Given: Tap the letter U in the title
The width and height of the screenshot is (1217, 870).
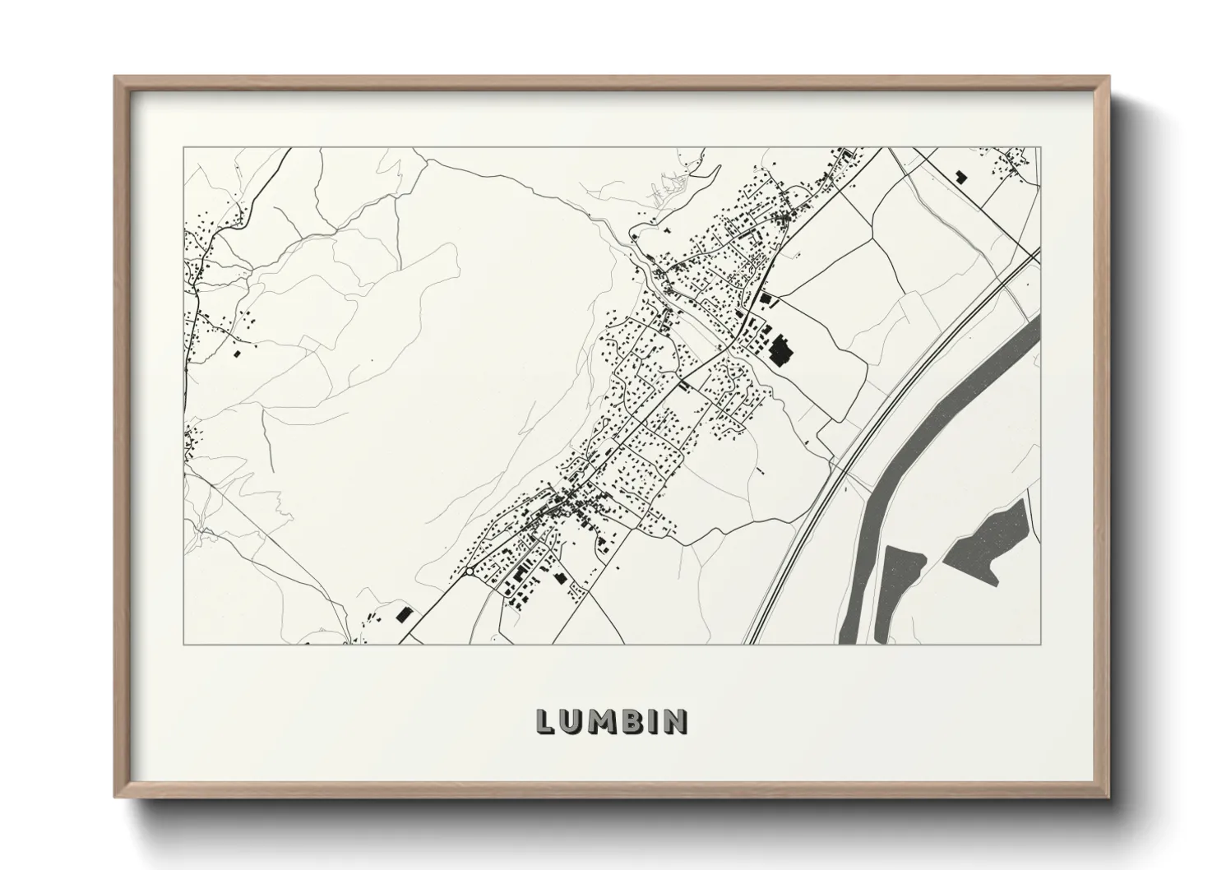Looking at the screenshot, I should pyautogui.click(x=571, y=721).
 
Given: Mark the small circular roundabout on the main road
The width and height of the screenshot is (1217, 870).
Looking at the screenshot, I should pyautogui.click(x=468, y=571).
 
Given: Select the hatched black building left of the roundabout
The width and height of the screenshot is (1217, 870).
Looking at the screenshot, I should pyautogui.click(x=403, y=613).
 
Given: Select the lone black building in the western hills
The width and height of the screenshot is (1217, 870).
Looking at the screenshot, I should pyautogui.click(x=238, y=354).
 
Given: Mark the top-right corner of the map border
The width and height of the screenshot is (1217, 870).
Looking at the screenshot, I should pyautogui.click(x=1040, y=148).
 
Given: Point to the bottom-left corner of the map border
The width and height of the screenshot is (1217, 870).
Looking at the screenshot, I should pyautogui.click(x=184, y=644).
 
